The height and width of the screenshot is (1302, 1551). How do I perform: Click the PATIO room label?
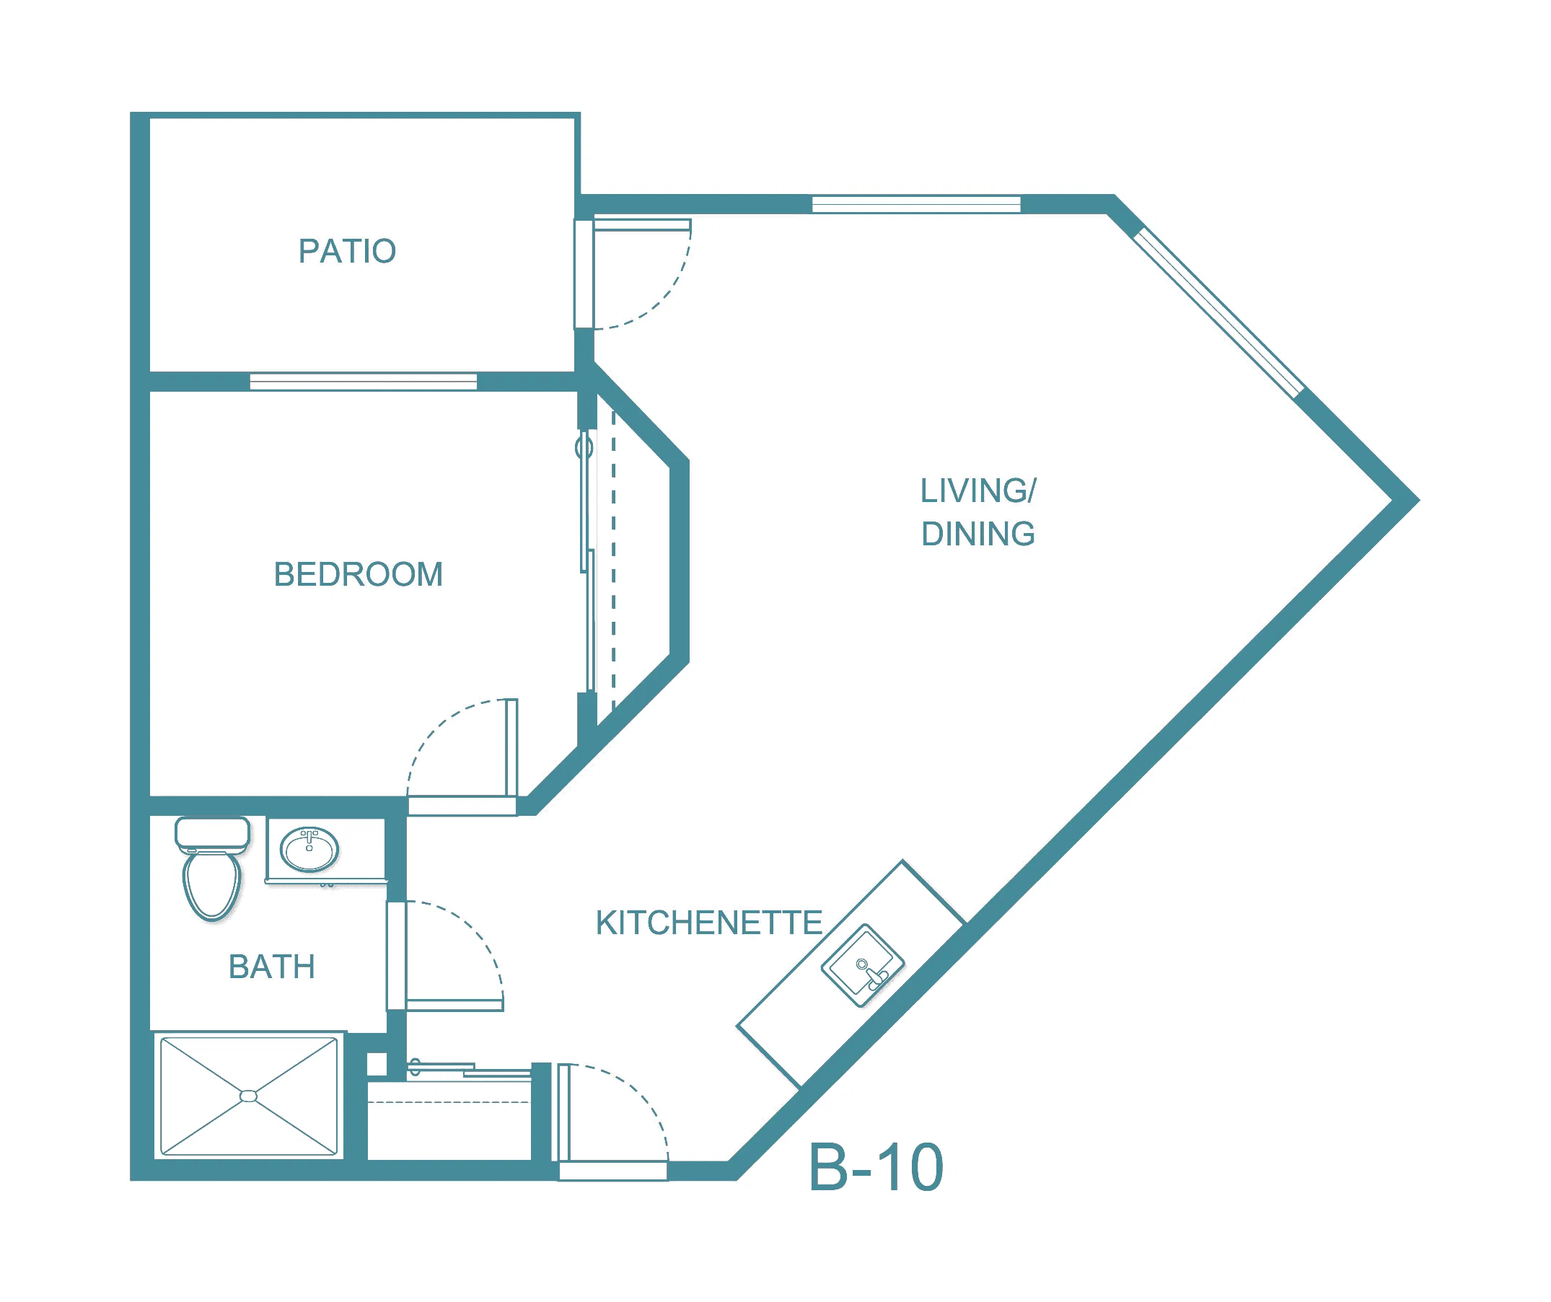coord(347,251)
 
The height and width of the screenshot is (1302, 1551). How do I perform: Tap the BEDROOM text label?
coord(359,575)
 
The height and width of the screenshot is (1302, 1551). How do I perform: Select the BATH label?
coord(272,967)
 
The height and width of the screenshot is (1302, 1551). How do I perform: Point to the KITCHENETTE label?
coord(709,923)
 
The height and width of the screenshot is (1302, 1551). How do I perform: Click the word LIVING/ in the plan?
coord(978,491)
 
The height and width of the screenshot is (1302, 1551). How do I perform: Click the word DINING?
coord(978,534)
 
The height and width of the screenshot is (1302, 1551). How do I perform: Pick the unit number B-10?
coord(876,1168)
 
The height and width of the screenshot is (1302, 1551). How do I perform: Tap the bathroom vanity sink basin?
coord(309,850)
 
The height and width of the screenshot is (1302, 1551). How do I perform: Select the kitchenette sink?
coord(863,965)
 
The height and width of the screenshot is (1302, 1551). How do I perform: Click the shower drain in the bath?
coord(249,1096)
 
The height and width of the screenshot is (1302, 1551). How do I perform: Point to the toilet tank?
coord(212,833)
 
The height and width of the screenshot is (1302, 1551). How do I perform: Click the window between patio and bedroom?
coord(364,382)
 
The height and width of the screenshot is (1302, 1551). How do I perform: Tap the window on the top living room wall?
coord(917,204)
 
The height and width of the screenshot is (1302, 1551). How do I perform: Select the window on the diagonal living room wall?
coord(1218,313)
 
